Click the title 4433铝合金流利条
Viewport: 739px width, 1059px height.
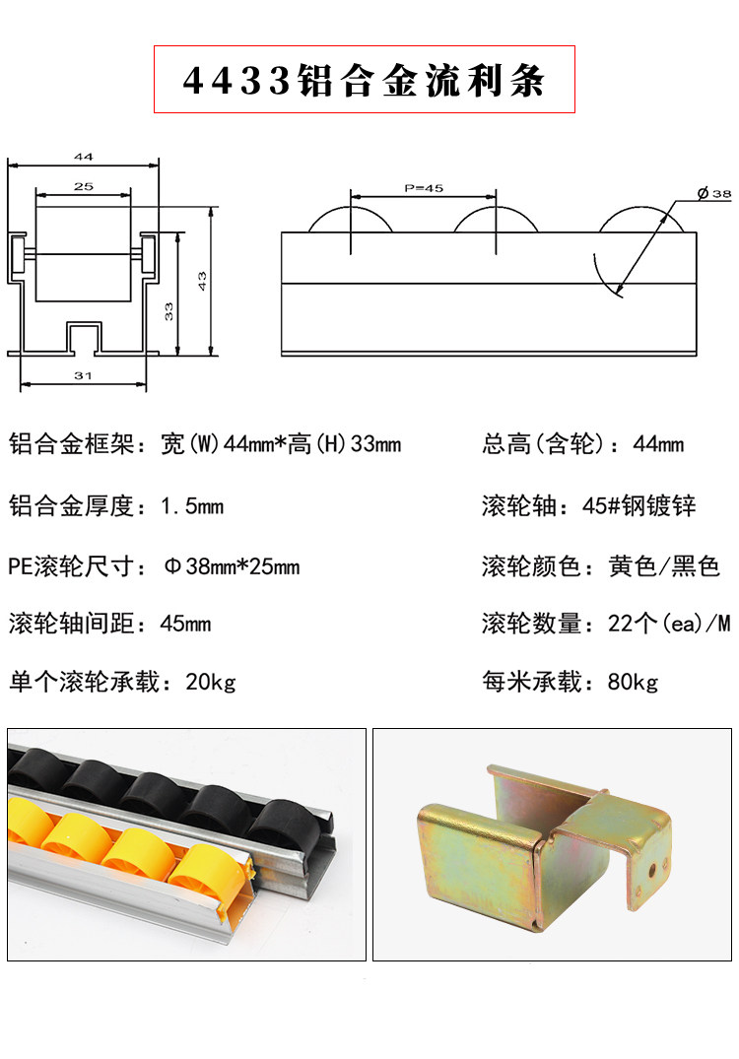point(364,79)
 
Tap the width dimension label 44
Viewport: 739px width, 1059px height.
point(83,157)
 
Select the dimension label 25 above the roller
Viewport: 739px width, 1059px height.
point(83,186)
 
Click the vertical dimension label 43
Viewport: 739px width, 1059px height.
point(201,282)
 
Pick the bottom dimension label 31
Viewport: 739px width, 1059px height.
point(83,375)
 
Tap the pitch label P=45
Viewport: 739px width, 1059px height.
point(425,187)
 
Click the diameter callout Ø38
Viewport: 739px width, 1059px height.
point(713,194)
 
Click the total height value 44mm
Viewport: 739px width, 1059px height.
point(658,444)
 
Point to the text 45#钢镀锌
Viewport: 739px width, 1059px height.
point(639,506)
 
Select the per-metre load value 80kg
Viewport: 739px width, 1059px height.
point(633,682)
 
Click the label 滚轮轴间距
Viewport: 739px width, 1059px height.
point(70,624)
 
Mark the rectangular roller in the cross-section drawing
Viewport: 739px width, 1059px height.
point(84,253)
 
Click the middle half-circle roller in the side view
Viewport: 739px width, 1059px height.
point(497,221)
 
